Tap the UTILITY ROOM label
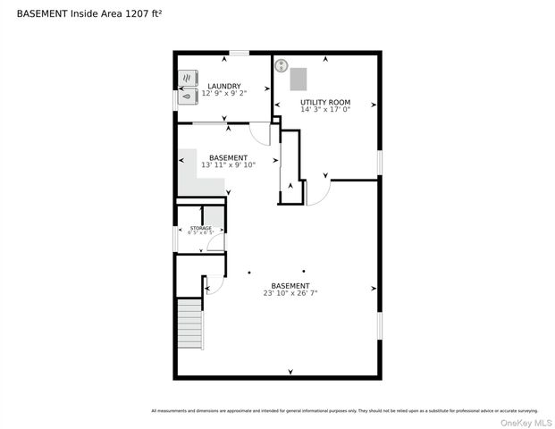click(324, 103)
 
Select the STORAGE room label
click(200, 228)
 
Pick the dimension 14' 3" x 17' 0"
click(324, 110)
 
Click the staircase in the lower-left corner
click(189, 324)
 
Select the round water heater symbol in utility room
click(281, 65)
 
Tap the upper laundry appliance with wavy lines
click(189, 78)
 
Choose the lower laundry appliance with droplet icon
click(189, 97)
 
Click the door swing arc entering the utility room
click(319, 191)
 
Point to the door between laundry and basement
click(260, 134)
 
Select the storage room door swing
click(215, 242)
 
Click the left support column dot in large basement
click(249, 271)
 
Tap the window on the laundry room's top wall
click(239, 53)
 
